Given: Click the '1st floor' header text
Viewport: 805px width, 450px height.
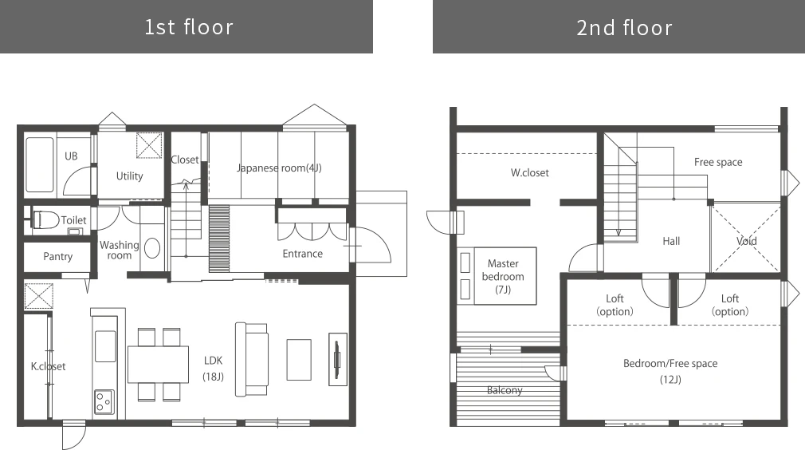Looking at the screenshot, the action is [188, 27].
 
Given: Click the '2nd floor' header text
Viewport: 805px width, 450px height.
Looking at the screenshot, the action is [624, 28].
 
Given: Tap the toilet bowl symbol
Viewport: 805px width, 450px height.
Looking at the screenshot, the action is [46, 220].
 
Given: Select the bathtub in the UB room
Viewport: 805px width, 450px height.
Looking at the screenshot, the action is [40, 164].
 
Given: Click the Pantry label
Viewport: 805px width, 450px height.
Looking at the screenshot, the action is [57, 256].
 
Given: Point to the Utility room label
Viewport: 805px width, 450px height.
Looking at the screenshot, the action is [129, 176].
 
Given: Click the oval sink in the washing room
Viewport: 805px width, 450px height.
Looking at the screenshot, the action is [152, 249].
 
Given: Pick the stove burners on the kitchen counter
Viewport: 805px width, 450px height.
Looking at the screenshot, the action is [104, 401].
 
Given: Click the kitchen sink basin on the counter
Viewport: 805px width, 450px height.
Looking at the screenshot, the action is [105, 346].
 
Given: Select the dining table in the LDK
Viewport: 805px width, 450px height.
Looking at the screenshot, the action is [158, 364].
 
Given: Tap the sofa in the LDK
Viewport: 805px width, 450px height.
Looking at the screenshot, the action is [252, 360].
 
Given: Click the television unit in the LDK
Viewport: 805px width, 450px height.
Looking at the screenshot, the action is [338, 360].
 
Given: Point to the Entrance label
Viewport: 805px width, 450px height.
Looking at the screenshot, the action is [302, 254].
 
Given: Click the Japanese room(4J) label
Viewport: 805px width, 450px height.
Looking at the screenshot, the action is [279, 168].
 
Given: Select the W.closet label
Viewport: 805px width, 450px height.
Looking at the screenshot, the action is [530, 172].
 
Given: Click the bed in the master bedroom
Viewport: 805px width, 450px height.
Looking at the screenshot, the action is [497, 276].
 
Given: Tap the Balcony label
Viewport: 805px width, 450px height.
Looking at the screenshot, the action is [505, 390].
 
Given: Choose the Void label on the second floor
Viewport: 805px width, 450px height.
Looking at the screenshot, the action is [747, 241].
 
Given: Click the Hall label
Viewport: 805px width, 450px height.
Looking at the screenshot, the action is [671, 241].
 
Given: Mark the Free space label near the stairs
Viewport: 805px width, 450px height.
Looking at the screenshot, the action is [718, 162].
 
